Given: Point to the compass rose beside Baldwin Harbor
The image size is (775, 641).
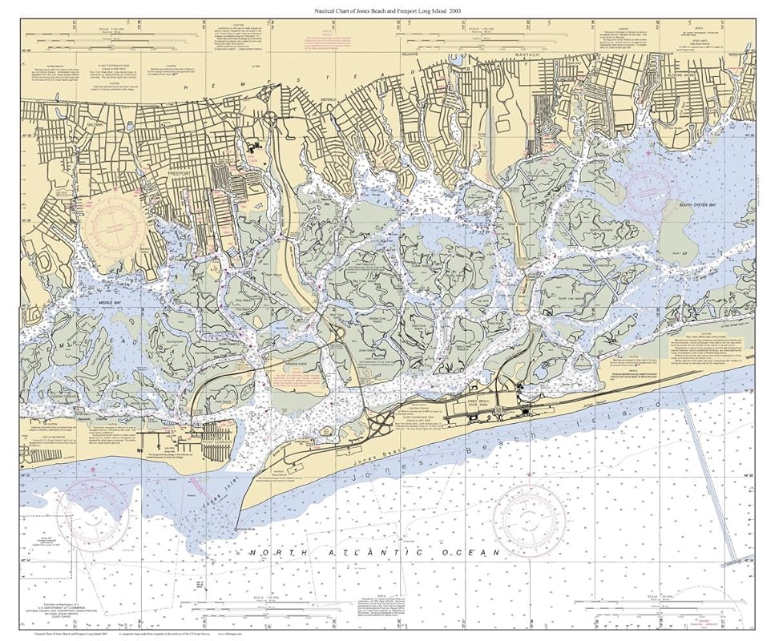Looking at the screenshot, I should [x=118, y=225].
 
